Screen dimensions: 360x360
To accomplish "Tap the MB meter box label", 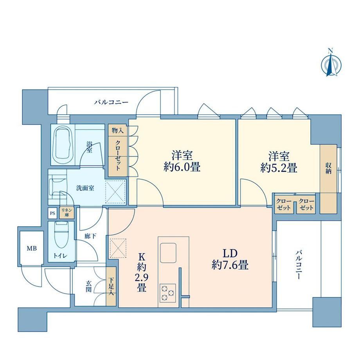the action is point(32,248).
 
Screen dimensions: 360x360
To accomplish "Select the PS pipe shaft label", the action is point(52,213).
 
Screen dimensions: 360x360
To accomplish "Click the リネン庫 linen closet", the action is point(67,212).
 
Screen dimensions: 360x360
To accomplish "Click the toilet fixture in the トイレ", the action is point(61,235).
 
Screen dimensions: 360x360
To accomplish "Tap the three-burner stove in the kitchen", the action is point(167,293).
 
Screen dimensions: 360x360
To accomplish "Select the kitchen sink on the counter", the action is point(168,252).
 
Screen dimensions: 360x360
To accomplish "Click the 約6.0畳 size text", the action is point(182,167).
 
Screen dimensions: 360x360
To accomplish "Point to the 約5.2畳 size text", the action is point(279,168).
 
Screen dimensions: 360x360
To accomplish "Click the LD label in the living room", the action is point(230,253).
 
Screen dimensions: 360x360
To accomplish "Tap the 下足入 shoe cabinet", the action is point(111,286).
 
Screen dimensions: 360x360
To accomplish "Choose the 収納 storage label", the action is point(328,168).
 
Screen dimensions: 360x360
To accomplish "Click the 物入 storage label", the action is point(117,131).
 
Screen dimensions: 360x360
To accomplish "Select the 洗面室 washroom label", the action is point(85,188).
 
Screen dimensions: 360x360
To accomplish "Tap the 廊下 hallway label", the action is point(90,236).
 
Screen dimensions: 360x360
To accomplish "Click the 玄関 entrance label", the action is point(88,286).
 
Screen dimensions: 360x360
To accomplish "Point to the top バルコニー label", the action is point(112,102).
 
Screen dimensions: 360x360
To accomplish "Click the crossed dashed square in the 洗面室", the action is point(115,192).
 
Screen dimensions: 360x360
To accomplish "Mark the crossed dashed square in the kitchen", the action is point(118,248).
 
